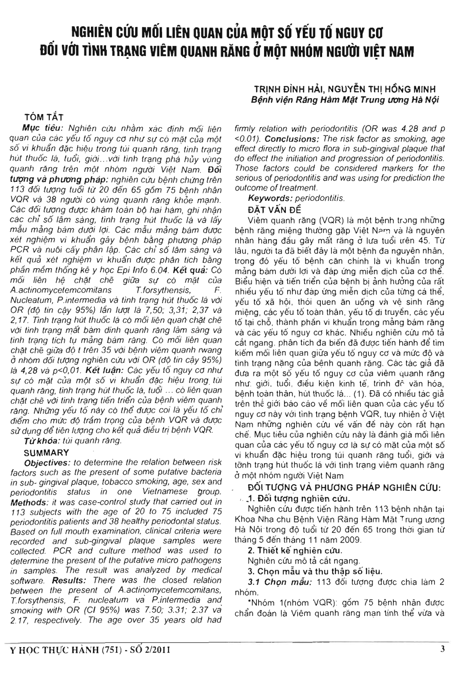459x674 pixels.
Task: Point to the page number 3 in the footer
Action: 443,649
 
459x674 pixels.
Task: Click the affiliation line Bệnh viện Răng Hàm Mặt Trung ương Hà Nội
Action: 344,100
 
